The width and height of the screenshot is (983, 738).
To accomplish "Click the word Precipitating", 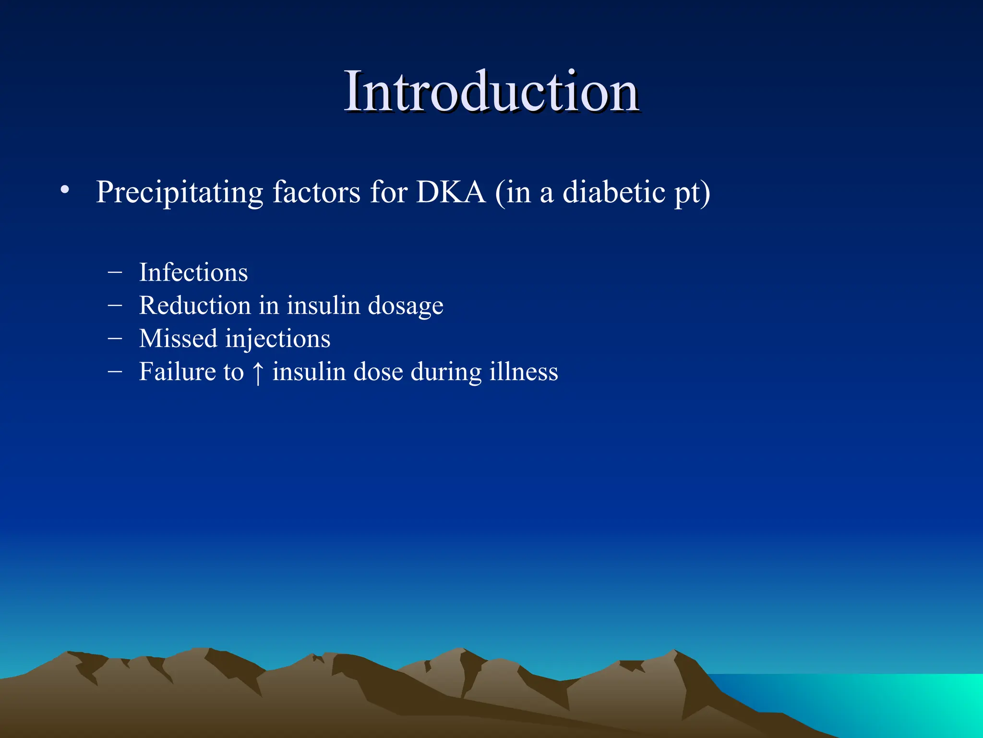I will (x=180, y=193).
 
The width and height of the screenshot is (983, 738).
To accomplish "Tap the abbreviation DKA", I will (x=451, y=192).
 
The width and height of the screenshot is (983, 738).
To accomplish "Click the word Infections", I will (x=193, y=272).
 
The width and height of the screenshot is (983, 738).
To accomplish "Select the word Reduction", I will (x=195, y=306).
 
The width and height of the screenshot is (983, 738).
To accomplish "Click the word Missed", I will (x=178, y=338).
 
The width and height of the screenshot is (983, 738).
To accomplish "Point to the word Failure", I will (x=178, y=371).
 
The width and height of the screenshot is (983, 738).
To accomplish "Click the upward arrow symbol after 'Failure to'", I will (x=258, y=372).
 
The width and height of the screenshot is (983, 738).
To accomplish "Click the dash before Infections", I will (x=115, y=272).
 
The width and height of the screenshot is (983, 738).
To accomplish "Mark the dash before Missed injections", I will (x=115, y=338).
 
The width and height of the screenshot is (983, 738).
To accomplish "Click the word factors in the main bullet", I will (x=316, y=192).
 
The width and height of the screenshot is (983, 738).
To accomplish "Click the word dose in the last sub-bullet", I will (x=378, y=371).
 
